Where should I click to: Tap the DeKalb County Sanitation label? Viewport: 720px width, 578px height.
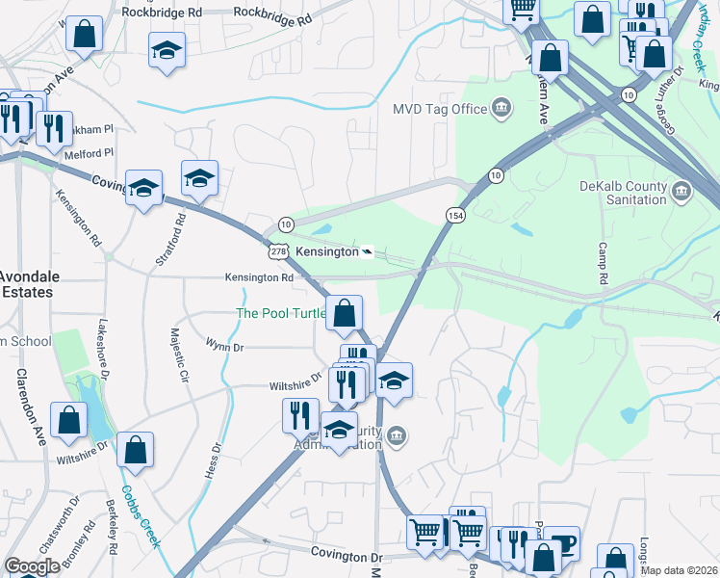(622, 192)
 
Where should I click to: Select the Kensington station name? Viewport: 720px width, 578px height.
(325, 251)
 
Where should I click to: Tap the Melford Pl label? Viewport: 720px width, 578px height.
(90, 152)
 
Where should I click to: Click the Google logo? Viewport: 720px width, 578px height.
(32, 565)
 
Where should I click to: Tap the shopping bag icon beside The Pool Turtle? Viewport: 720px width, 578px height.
(344, 311)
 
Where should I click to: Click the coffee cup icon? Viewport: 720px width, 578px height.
(561, 542)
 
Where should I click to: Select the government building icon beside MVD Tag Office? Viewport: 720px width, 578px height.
(501, 107)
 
